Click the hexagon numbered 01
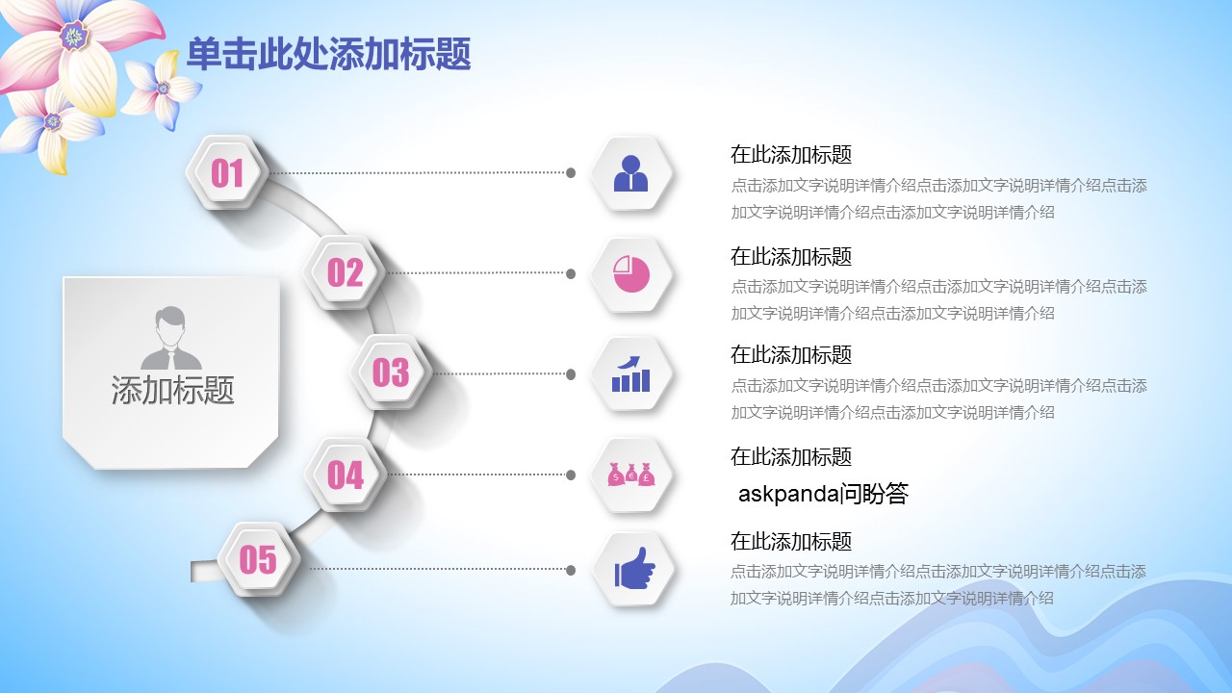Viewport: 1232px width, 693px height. point(227,172)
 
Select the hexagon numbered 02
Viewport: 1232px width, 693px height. point(345,272)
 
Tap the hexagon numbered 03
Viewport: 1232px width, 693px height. point(391,372)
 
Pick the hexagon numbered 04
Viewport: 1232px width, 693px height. point(346,475)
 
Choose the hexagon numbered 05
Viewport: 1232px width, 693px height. point(259,559)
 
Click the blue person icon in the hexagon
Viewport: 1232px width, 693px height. point(630,173)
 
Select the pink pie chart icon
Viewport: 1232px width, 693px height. point(631,274)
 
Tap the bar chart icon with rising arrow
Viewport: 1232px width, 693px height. point(630,374)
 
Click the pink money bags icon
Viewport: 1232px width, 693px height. point(631,475)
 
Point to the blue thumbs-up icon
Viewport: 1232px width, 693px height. point(634,568)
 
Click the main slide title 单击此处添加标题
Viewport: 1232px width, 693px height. point(329,54)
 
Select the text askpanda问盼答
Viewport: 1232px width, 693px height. point(823,494)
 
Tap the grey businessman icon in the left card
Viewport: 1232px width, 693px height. point(171,338)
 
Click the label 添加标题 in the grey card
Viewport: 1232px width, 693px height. point(172,390)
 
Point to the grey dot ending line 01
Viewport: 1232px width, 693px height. point(571,172)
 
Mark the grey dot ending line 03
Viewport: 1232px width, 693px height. point(571,374)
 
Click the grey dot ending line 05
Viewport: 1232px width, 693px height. point(571,571)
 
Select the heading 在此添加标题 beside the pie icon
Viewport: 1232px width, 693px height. point(791,257)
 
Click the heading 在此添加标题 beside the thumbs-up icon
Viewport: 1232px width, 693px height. point(791,542)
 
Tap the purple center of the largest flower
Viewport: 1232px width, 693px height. point(74,36)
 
